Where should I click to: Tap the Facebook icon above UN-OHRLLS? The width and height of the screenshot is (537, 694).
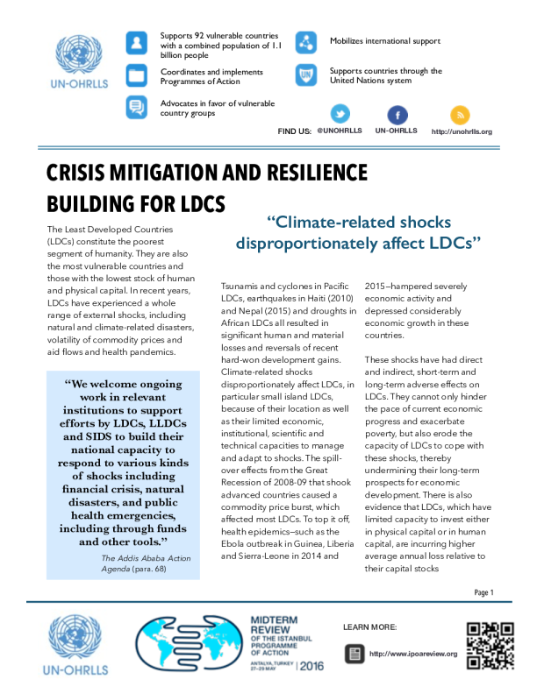(x=397, y=114)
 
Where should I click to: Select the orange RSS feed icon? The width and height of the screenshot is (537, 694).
(x=460, y=114)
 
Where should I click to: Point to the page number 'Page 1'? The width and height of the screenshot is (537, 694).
(x=483, y=592)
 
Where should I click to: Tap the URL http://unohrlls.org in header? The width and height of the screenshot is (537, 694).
(x=462, y=131)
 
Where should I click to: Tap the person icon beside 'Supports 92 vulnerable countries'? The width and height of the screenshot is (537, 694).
(x=136, y=42)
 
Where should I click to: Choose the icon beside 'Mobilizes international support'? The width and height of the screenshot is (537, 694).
(x=305, y=42)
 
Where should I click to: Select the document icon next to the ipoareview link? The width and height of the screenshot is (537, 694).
(x=354, y=653)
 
